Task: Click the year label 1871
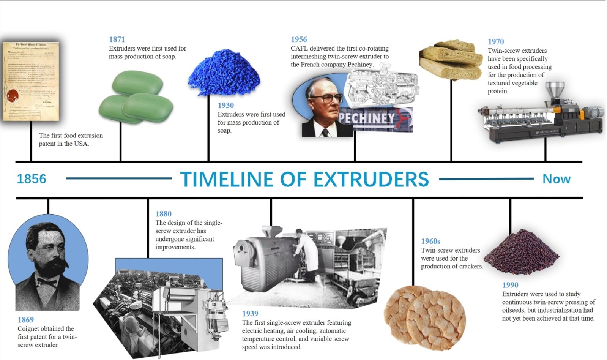tap(117, 39)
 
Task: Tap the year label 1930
tap(225, 106)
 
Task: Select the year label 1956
tap(299, 39)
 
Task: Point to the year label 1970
tap(496, 42)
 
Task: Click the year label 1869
tap(25, 320)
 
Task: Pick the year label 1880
tap(163, 214)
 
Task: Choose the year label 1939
tap(250, 314)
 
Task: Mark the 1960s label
tap(430, 242)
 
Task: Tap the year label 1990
tap(510, 285)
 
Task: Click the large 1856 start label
tap(32, 179)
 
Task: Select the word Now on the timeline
tap(556, 179)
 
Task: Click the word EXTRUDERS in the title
tap(371, 180)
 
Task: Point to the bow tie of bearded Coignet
tap(46, 283)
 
